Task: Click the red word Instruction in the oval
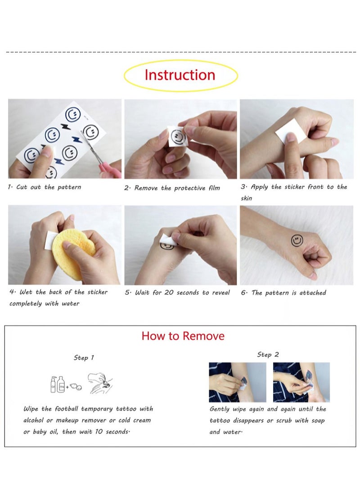(x=180, y=75)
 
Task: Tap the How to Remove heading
(x=183, y=336)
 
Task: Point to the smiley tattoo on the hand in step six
(x=297, y=241)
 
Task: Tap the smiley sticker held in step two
(x=177, y=136)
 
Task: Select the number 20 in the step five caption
(x=169, y=293)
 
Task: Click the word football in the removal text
(x=66, y=409)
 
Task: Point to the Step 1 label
(x=84, y=358)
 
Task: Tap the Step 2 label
(x=268, y=355)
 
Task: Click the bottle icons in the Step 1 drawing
(x=58, y=384)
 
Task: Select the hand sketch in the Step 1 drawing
(x=100, y=383)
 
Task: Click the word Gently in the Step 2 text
(x=220, y=409)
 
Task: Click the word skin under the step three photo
(x=246, y=198)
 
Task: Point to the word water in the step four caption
(x=71, y=303)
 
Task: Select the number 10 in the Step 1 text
(x=99, y=432)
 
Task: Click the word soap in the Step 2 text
(x=318, y=421)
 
